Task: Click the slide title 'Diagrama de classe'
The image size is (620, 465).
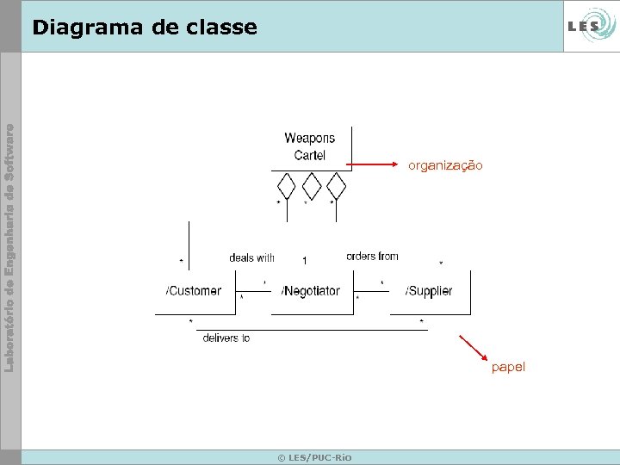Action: coord(144,28)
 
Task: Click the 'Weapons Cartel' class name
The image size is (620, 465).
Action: coord(309,146)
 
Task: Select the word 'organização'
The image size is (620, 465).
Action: coord(445,164)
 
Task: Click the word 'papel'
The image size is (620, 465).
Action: coord(508,368)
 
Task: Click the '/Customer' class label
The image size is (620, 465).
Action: coord(194,291)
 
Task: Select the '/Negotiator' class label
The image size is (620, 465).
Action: coord(311,291)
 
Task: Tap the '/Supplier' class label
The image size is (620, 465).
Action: coord(428,291)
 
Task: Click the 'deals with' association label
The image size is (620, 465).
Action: coord(251,257)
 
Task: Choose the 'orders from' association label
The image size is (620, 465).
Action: coord(372,257)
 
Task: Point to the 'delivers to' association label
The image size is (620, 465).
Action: coord(226,338)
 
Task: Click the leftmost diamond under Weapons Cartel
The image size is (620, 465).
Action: coord(286,185)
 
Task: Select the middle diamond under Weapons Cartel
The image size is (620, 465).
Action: coord(311,185)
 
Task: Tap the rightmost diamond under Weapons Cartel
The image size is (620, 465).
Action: coord(336,185)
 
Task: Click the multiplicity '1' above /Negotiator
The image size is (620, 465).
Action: coord(304,260)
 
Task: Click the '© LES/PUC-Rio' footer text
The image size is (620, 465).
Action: coord(314,457)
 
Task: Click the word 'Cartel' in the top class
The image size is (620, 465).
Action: coord(309,155)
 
